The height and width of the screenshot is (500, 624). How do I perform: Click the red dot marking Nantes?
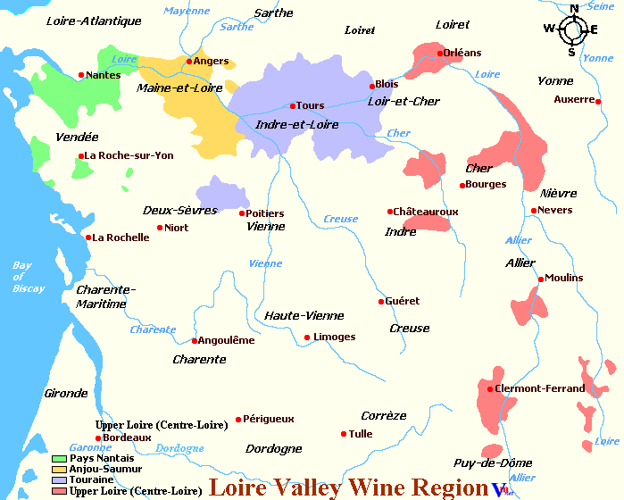(81, 75)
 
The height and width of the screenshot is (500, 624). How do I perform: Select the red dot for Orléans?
(440, 53)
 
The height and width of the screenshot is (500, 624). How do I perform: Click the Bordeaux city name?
(128, 437)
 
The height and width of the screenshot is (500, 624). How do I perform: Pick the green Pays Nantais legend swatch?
(59, 458)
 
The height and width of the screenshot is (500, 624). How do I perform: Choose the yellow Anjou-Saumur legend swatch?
(59, 469)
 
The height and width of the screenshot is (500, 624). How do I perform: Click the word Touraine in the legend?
(92, 479)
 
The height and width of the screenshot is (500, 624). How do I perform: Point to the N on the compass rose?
(574, 9)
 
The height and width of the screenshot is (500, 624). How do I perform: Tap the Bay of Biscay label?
(22, 277)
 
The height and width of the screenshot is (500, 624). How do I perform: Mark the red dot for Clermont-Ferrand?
(490, 388)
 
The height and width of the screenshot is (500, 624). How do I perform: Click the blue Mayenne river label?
(186, 12)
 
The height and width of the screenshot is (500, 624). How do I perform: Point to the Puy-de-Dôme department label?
(493, 462)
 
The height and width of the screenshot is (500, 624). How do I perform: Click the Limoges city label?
(335, 337)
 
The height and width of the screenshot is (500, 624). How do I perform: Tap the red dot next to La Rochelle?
(88, 237)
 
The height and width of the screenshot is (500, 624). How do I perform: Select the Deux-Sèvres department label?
(179, 210)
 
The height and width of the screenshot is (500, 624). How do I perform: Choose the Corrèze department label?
(384, 415)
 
